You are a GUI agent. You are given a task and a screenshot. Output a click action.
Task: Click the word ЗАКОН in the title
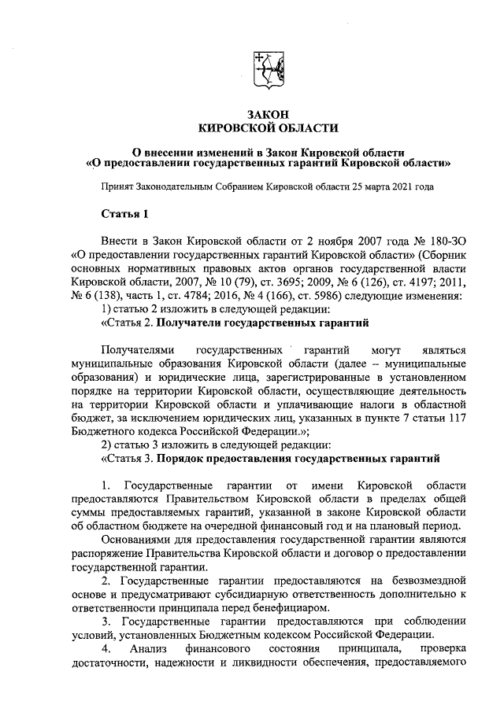click(x=269, y=115)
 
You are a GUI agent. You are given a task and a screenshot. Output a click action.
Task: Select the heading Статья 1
click(x=124, y=214)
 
